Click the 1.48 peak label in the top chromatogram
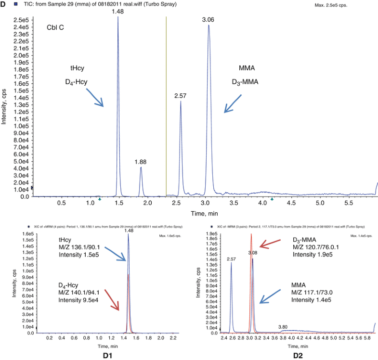pyautogui.click(x=118, y=11)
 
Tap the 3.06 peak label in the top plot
pyautogui.click(x=209, y=19)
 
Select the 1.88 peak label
pyautogui.click(x=141, y=162)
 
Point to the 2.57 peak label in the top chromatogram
pyautogui.click(x=181, y=96)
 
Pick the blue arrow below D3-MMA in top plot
pyautogui.click(x=233, y=103)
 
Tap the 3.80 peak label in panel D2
pyautogui.click(x=284, y=326)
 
